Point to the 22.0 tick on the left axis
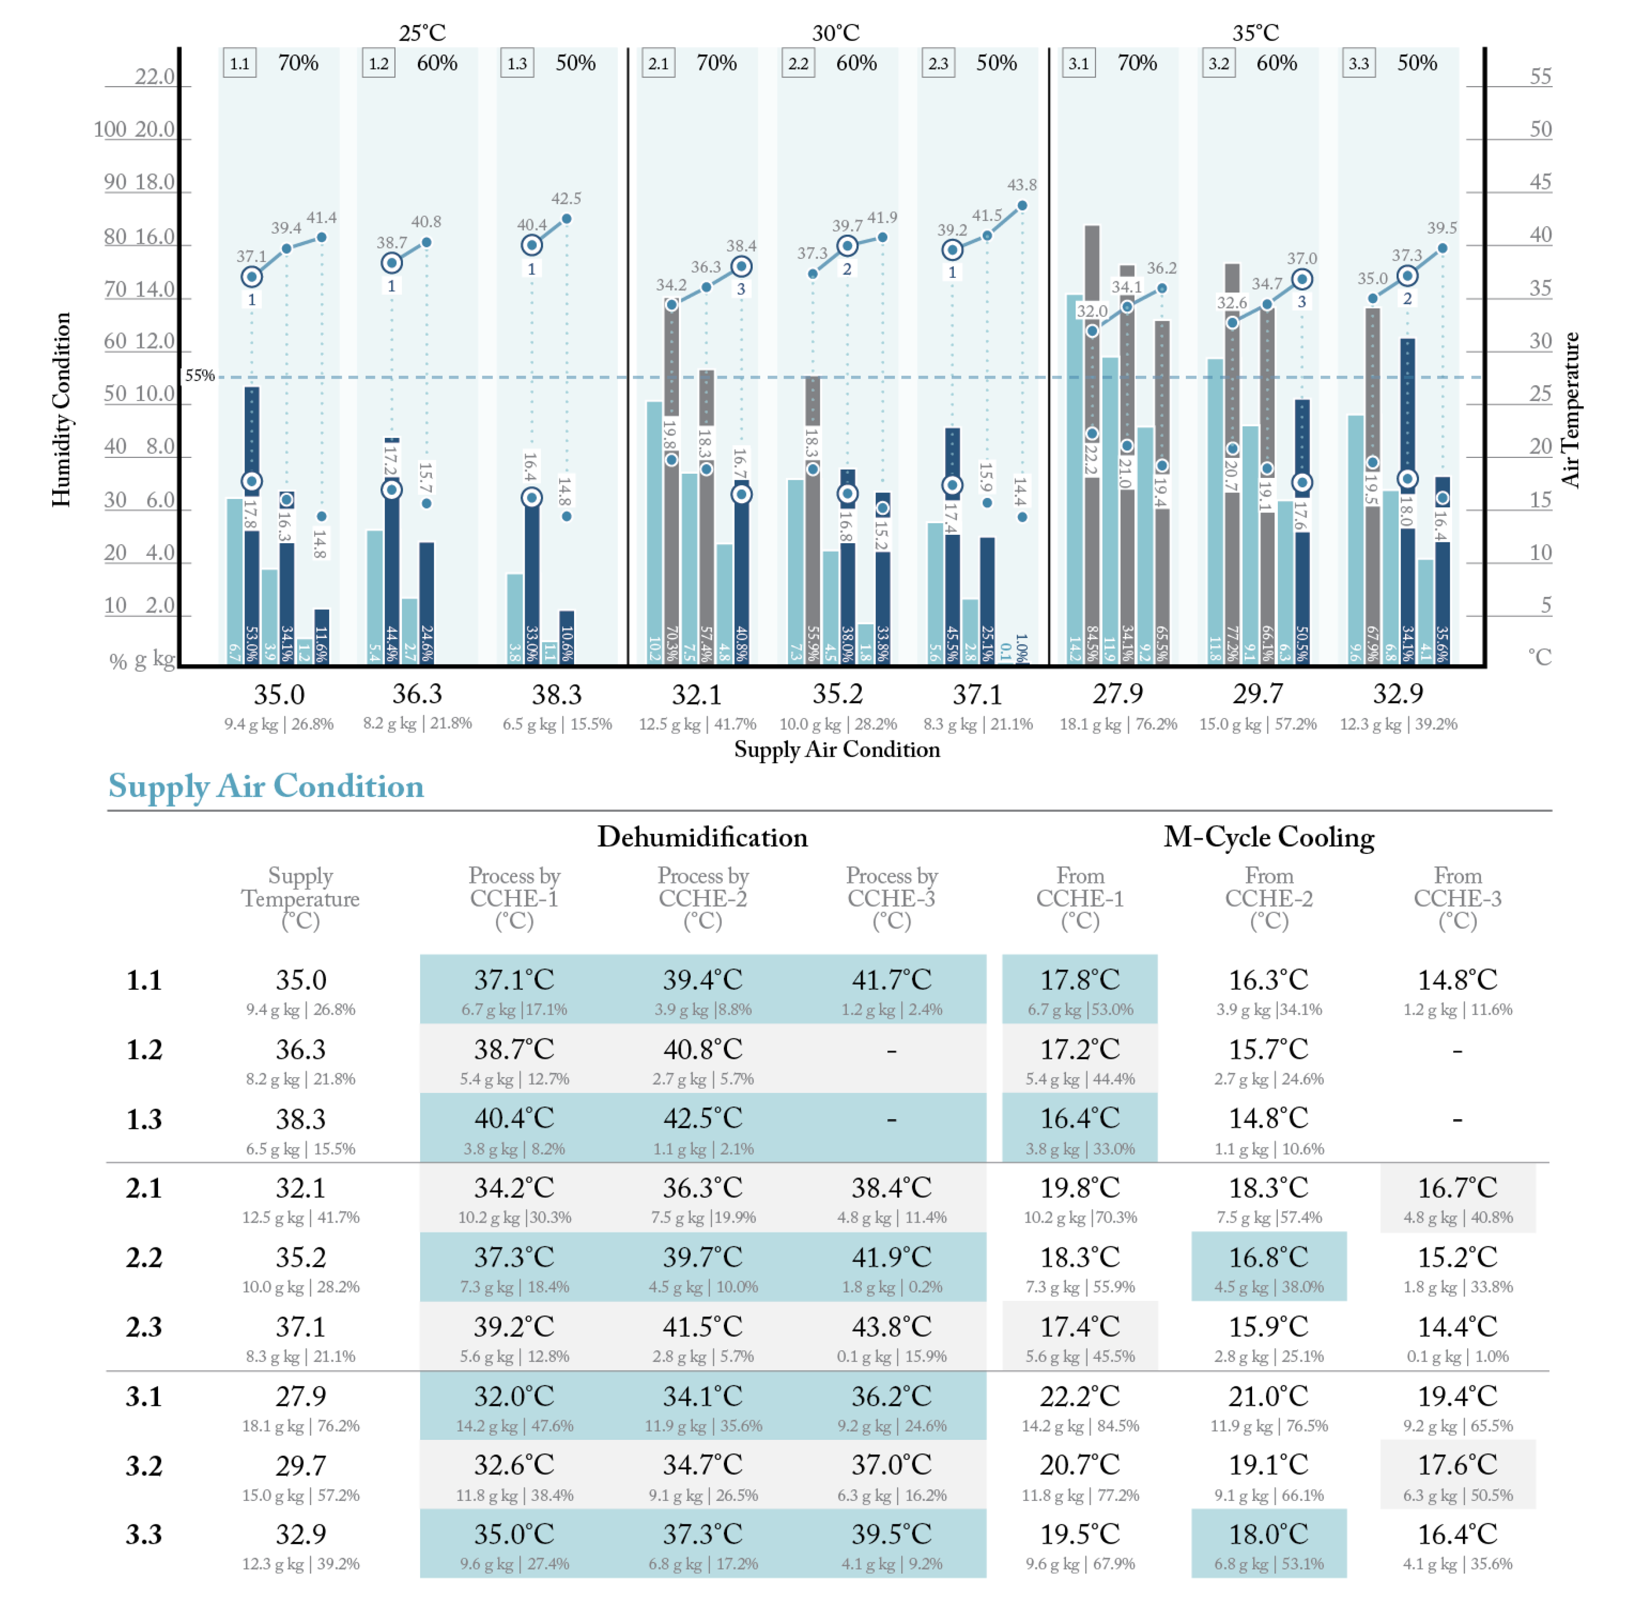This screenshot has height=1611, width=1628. point(155,76)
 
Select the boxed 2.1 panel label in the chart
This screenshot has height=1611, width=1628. point(658,63)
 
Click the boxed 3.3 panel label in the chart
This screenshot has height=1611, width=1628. point(1358,63)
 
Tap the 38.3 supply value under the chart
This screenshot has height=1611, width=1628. point(556,694)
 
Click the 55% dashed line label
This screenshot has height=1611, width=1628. point(200,376)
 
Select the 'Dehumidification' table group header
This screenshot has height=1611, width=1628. point(702,837)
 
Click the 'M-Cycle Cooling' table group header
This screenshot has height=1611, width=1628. point(1268,837)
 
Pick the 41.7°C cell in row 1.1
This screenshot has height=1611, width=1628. point(892,980)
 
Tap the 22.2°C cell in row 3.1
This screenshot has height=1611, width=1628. point(1080,1396)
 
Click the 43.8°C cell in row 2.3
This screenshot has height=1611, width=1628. point(892,1327)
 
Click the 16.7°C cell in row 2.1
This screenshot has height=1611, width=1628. point(1457,1188)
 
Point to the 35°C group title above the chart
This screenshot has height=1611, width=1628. point(1255,33)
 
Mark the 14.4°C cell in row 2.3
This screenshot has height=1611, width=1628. point(1457,1327)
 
